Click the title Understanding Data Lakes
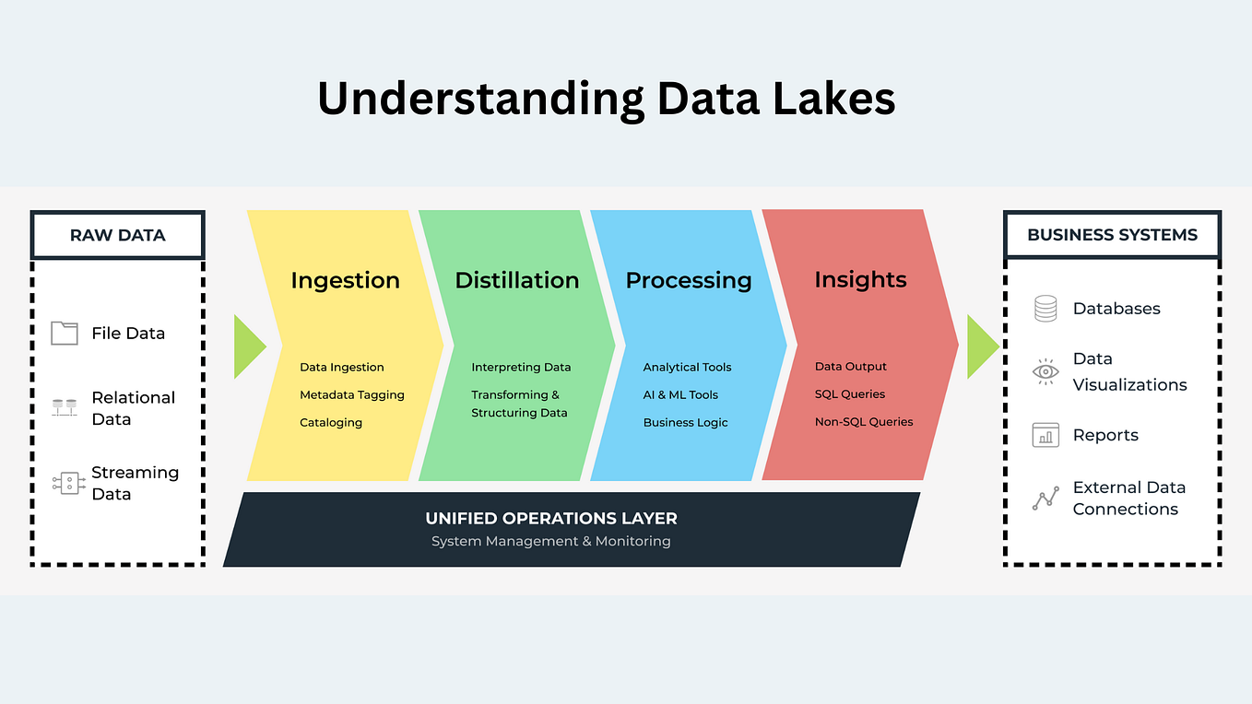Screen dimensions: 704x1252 606,99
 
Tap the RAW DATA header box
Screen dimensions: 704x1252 117,235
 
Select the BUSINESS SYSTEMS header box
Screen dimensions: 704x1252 1112,235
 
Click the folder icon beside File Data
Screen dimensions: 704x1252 65,333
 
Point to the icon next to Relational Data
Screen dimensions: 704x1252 65,406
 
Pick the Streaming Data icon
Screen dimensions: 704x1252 68,483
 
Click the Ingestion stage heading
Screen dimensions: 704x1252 345,280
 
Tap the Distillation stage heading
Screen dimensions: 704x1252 517,280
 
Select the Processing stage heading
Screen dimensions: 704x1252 689,280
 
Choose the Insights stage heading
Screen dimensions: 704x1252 860,279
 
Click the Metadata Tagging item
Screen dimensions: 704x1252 352,394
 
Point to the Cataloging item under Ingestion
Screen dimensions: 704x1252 331,422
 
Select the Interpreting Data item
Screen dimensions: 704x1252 521,367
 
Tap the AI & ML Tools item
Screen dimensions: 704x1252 680,394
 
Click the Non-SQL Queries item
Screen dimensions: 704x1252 864,421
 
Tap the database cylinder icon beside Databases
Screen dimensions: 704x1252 1045,309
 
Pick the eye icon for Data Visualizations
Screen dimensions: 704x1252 1045,371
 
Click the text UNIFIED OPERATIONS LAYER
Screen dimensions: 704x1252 551,519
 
